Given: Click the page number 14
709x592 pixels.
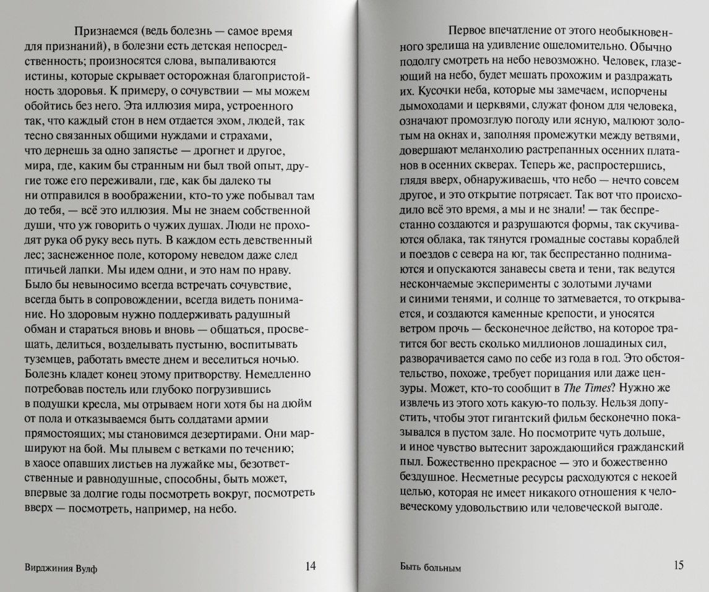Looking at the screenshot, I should pos(311,566).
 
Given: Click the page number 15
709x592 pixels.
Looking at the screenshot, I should pos(678,565).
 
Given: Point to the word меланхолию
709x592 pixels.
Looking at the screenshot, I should pos(492,150).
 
